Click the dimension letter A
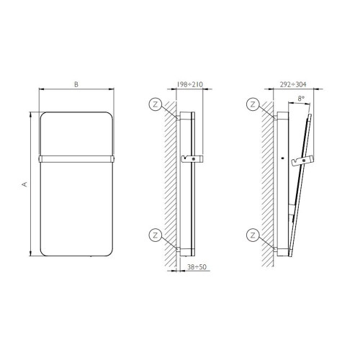click(24, 184)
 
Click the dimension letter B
click(76, 85)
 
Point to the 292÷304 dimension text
click(290, 85)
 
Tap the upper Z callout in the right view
click(252, 104)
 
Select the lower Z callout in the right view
click(252, 233)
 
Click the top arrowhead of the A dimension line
click(32, 114)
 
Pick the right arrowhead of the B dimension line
click(113, 91)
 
